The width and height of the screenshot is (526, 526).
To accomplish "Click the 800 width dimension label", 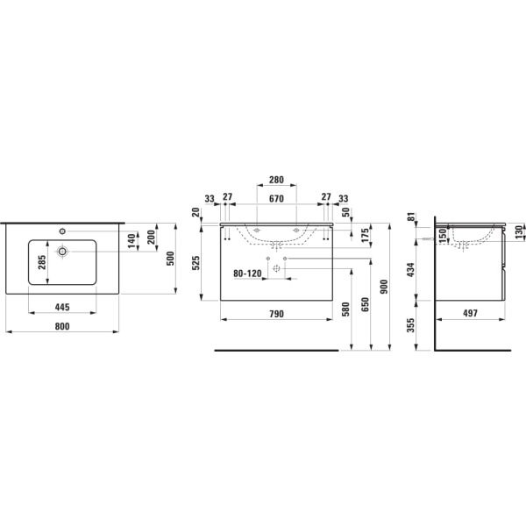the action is tap(62, 326).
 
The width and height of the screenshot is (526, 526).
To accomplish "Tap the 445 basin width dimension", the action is tap(62, 307).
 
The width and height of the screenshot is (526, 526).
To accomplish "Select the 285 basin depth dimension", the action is tap(42, 262).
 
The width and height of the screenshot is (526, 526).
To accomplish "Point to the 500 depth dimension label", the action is tap(170, 259).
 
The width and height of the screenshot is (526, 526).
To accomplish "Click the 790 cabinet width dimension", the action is tap(276, 314).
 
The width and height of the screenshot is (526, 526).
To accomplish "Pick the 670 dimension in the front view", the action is tap(276, 199).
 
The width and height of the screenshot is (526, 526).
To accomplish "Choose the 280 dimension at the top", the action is tap(276, 180).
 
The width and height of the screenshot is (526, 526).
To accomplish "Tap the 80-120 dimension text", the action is tap(247, 274).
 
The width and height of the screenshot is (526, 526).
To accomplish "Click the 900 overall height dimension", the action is tap(384, 287).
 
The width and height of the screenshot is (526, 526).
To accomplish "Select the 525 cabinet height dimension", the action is tap(195, 263).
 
